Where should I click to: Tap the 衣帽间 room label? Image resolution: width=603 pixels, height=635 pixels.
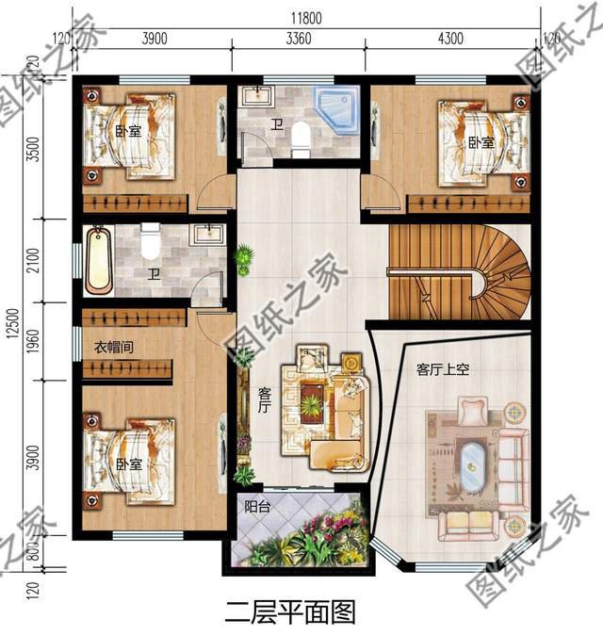[x=114, y=348]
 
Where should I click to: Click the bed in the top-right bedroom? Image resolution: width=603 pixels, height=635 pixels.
[x=481, y=138]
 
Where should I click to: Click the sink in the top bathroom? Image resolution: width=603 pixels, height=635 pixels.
[x=256, y=96]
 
